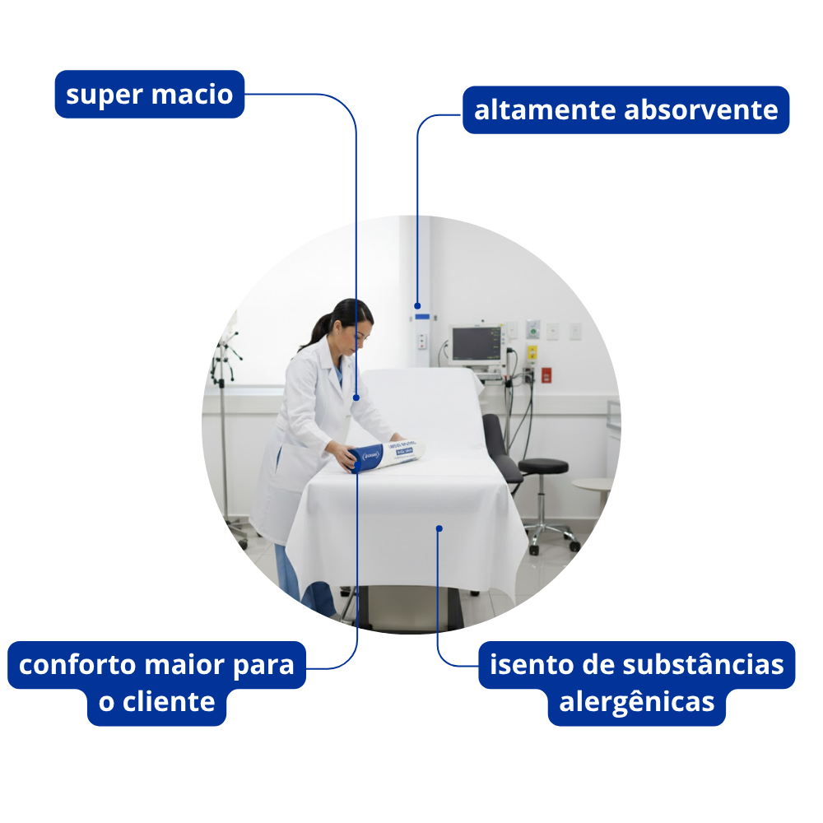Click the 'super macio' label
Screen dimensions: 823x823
pyautogui.click(x=150, y=94)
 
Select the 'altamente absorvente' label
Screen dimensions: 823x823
pyautogui.click(x=625, y=109)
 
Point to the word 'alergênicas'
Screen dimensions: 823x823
pyautogui.click(x=636, y=703)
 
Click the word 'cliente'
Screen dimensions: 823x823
pyautogui.click(x=169, y=703)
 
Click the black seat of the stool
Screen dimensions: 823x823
pyautogui.click(x=543, y=466)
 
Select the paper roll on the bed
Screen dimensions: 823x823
pyautogui.click(x=387, y=454)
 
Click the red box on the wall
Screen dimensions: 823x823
pyautogui.click(x=546, y=374)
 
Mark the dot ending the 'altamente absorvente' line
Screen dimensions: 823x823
pyautogui.click(x=417, y=305)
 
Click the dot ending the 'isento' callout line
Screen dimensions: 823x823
pyautogui.click(x=439, y=528)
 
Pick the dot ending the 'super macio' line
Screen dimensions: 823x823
pyautogui.click(x=356, y=398)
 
